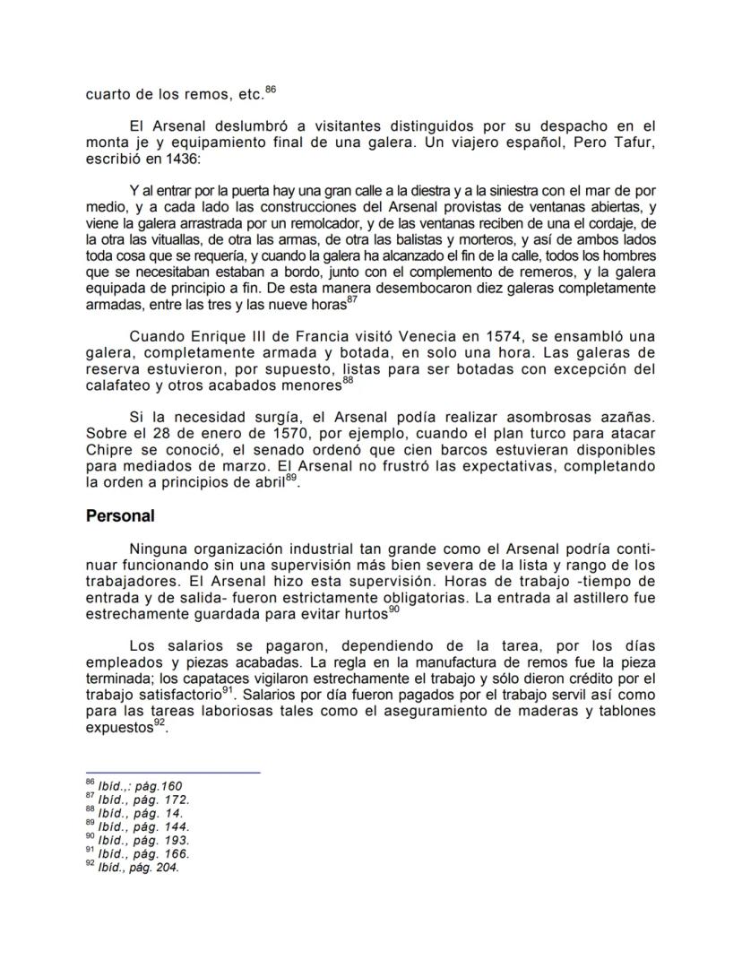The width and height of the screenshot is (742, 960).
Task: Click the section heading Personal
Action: pos(120,516)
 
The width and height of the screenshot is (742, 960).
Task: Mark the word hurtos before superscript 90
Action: pos(367,616)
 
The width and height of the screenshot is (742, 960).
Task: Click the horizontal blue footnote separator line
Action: pos(172,772)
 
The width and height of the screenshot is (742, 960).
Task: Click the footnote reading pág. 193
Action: pos(143,841)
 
